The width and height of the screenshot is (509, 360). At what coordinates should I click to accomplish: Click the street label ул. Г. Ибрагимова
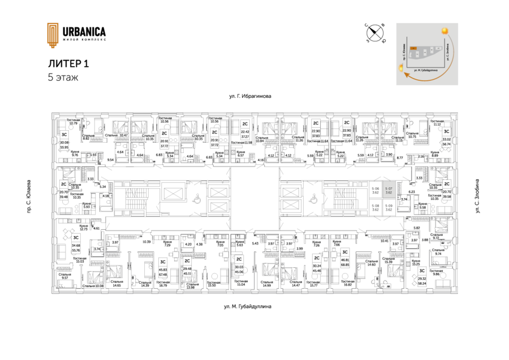coord(249,97)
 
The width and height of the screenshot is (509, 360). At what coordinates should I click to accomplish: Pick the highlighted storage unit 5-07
coord(389,191)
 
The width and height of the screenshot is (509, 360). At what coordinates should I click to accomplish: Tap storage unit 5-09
coord(389,208)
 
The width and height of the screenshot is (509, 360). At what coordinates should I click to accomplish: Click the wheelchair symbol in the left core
coord(197,198)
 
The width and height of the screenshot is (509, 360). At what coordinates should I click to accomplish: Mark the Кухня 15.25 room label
coord(416,263)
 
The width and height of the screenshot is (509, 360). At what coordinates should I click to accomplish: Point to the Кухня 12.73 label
coord(83,227)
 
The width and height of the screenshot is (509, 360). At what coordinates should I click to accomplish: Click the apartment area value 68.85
coord(343,264)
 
